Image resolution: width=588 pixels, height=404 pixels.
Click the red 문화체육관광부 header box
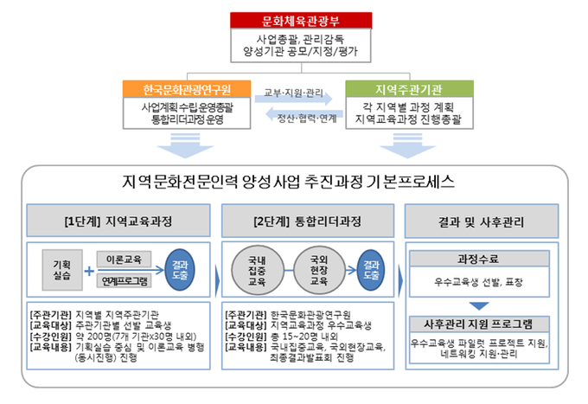[x=295, y=20]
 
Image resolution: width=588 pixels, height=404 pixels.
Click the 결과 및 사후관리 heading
[x=488, y=221]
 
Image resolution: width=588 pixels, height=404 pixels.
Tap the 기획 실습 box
[x=61, y=269]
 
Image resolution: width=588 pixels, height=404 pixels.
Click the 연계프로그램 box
[x=125, y=281]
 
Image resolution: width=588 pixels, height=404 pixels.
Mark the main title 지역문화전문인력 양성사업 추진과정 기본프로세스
[x=295, y=182]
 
